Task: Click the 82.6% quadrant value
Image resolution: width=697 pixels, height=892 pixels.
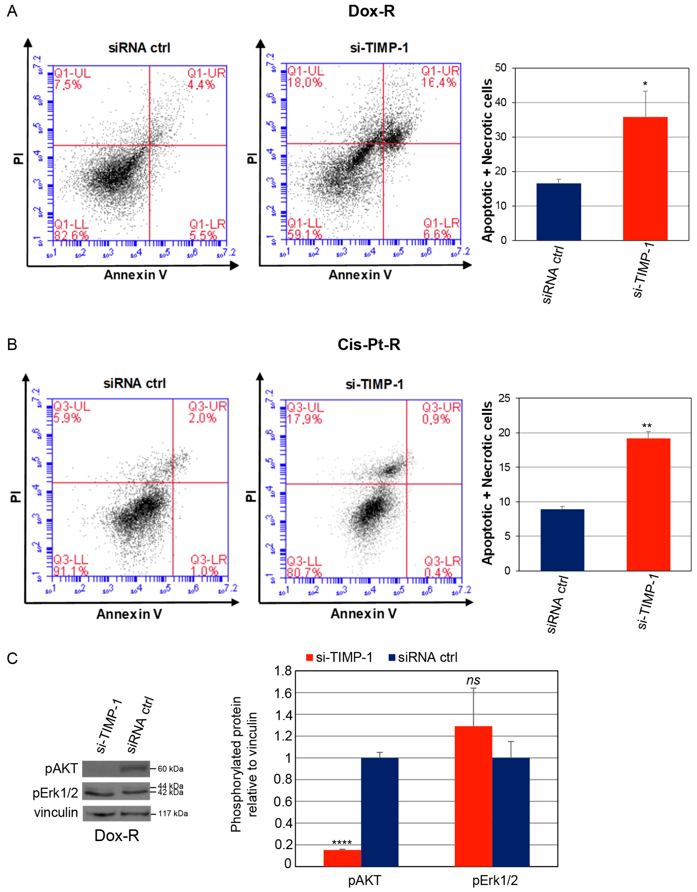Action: (x=71, y=236)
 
